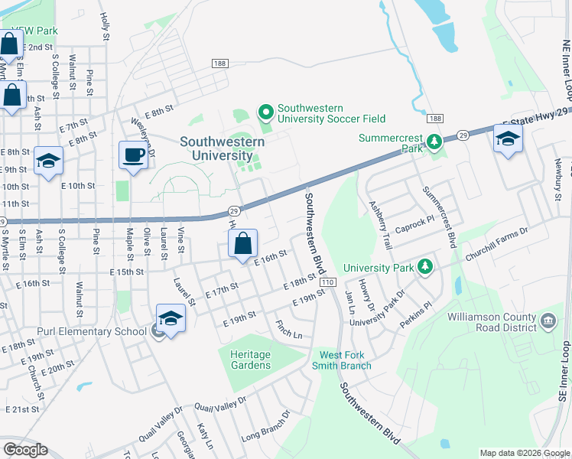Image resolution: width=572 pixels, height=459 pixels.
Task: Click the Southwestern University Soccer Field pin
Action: point(266,113)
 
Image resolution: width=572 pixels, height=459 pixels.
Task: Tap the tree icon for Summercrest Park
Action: point(434,142)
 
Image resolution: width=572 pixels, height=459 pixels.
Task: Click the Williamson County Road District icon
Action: point(548,319)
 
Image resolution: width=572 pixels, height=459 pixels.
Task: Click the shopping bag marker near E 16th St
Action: point(243,245)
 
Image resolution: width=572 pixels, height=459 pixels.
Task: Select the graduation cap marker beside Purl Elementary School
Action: point(171,319)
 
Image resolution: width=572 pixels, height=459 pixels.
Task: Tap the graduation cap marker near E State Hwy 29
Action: point(507,140)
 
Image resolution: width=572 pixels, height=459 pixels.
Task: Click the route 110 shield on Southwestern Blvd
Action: point(328,282)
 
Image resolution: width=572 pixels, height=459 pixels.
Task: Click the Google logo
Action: point(25,450)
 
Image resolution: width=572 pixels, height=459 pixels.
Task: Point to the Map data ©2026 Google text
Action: point(523,453)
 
